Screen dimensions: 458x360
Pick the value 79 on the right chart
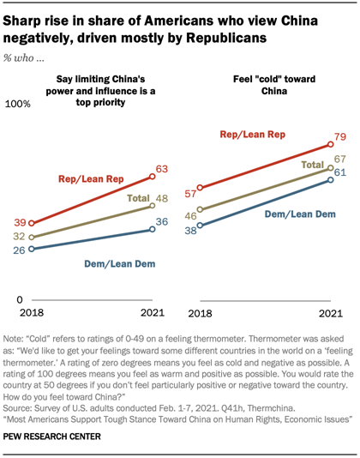[x=339, y=137]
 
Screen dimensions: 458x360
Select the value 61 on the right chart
[x=339, y=172]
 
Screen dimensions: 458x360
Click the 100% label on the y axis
[x=20, y=104]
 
